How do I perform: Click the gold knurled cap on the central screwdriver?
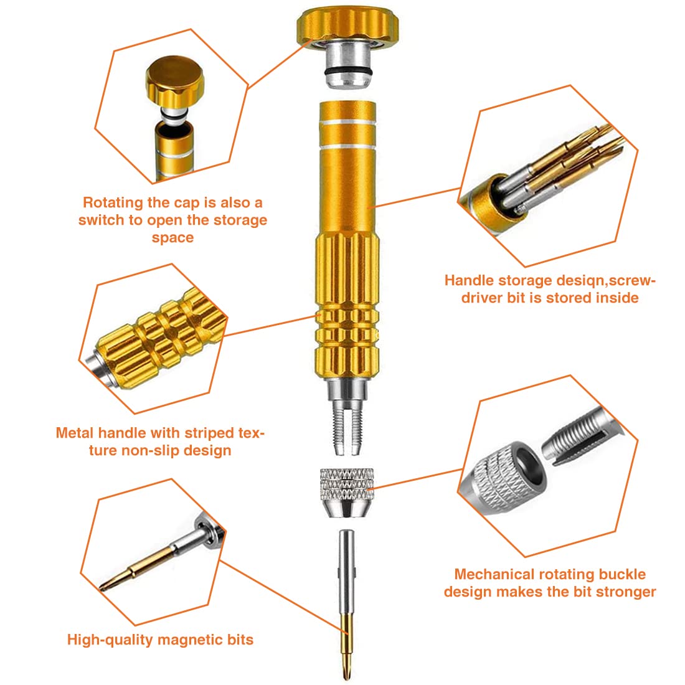click(x=347, y=26)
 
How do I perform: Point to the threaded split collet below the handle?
click(x=347, y=426)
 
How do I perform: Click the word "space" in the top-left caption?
click(x=172, y=238)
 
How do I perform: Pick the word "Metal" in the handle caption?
click(x=74, y=433)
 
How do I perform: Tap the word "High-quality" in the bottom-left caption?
click(x=110, y=640)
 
